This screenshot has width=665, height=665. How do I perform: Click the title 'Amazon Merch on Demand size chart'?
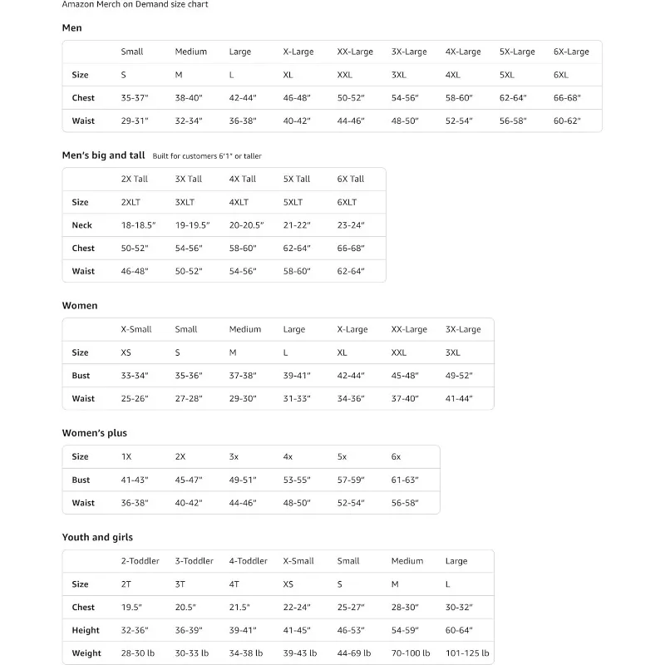(135, 4)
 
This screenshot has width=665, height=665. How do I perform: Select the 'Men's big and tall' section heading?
(103, 155)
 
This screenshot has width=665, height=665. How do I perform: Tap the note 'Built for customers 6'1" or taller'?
(207, 156)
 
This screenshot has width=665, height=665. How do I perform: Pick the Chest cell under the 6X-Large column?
(567, 98)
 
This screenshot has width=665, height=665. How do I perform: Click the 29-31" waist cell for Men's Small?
(134, 121)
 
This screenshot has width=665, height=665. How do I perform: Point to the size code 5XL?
(507, 75)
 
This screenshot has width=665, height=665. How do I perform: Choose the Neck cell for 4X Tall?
(246, 225)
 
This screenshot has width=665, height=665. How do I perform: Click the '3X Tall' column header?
(189, 179)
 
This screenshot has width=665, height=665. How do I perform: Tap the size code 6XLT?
(347, 202)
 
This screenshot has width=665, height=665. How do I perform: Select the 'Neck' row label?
(82, 225)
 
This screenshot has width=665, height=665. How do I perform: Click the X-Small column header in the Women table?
(136, 329)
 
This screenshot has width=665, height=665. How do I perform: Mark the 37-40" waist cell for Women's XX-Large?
(405, 399)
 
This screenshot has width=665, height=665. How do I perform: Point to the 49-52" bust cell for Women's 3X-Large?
(459, 376)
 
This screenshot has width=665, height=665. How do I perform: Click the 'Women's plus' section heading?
(95, 433)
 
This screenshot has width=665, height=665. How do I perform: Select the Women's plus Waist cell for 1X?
(134, 503)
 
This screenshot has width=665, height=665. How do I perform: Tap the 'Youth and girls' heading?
(97, 537)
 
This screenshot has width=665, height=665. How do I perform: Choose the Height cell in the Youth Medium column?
(405, 630)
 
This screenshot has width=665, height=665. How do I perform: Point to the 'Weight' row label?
(86, 653)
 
